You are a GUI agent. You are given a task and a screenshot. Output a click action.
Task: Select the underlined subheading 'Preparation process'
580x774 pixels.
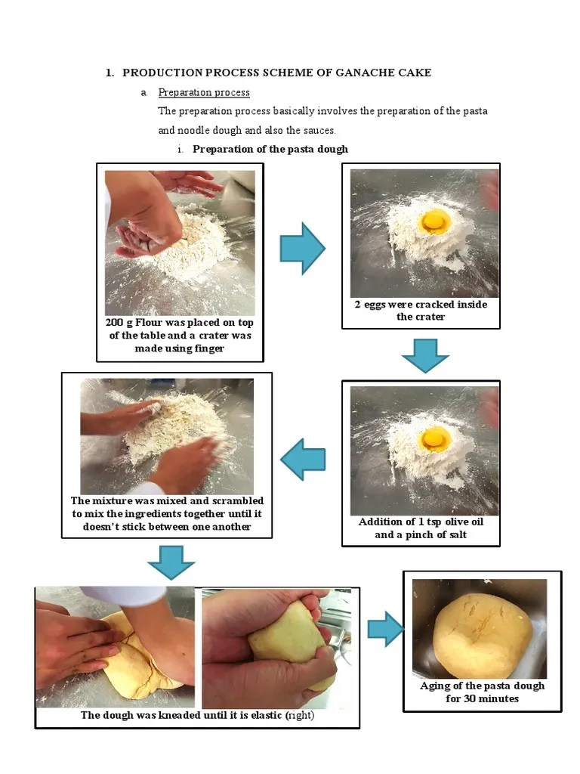tap(204, 92)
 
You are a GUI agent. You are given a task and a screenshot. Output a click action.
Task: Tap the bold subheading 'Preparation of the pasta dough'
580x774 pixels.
tap(270, 149)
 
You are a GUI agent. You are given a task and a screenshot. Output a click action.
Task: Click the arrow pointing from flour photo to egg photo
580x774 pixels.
tap(302, 248)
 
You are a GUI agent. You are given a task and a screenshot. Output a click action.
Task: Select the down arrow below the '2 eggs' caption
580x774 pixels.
tap(425, 354)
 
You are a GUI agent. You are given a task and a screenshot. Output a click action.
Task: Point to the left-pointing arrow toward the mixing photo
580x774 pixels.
tap(303, 459)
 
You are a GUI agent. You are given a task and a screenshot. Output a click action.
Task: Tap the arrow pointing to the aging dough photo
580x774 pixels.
tap(385, 629)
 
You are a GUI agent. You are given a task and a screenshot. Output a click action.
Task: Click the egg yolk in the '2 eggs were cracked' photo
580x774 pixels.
tap(436, 221)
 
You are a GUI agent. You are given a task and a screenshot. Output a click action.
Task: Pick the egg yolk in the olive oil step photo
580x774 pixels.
tap(435, 438)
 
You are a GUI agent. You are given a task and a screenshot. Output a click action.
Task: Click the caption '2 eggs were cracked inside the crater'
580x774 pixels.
tap(421, 311)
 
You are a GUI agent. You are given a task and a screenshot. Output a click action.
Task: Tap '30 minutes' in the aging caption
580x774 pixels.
tap(492, 698)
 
